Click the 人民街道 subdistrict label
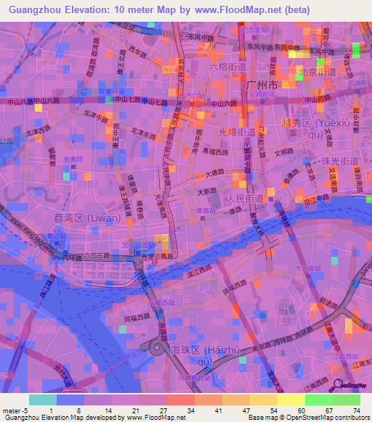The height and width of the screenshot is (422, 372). (243, 197)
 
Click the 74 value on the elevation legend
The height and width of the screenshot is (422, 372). (356, 410)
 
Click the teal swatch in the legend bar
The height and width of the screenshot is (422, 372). (42, 400)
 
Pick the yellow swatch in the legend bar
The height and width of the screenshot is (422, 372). (291, 400)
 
